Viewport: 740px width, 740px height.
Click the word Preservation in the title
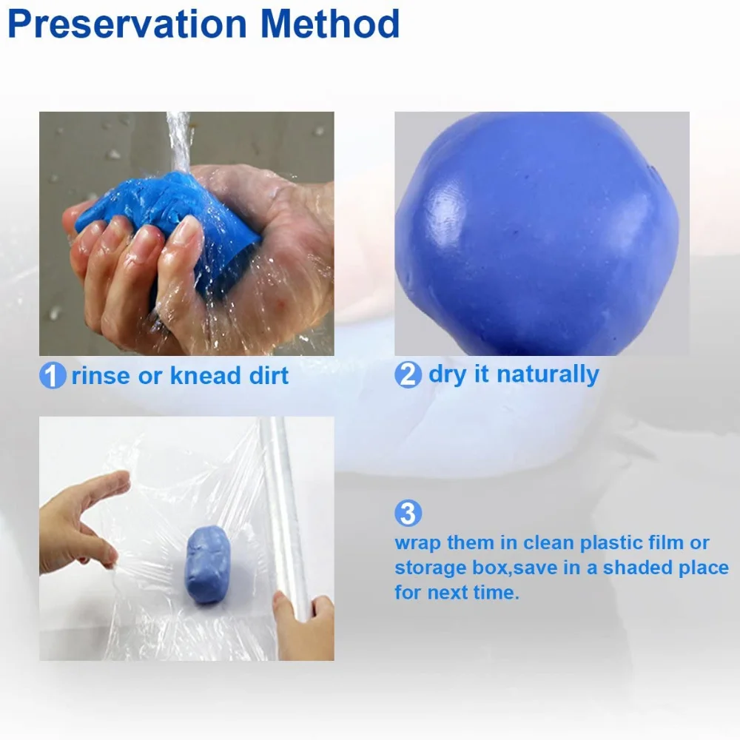[x=127, y=24]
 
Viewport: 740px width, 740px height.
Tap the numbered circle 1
[x=53, y=376]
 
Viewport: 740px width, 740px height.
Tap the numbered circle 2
[x=408, y=374]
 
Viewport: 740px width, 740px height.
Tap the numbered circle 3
[x=408, y=513]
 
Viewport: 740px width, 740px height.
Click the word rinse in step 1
[x=101, y=376]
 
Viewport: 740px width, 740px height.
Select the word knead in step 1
[x=205, y=376]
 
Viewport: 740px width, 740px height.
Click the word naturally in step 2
[x=548, y=375]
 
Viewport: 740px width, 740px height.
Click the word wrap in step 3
[x=417, y=543]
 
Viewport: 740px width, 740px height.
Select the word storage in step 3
[x=431, y=568]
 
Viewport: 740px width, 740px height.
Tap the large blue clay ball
[x=537, y=234]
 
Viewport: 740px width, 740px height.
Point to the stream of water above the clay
[x=179, y=141]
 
